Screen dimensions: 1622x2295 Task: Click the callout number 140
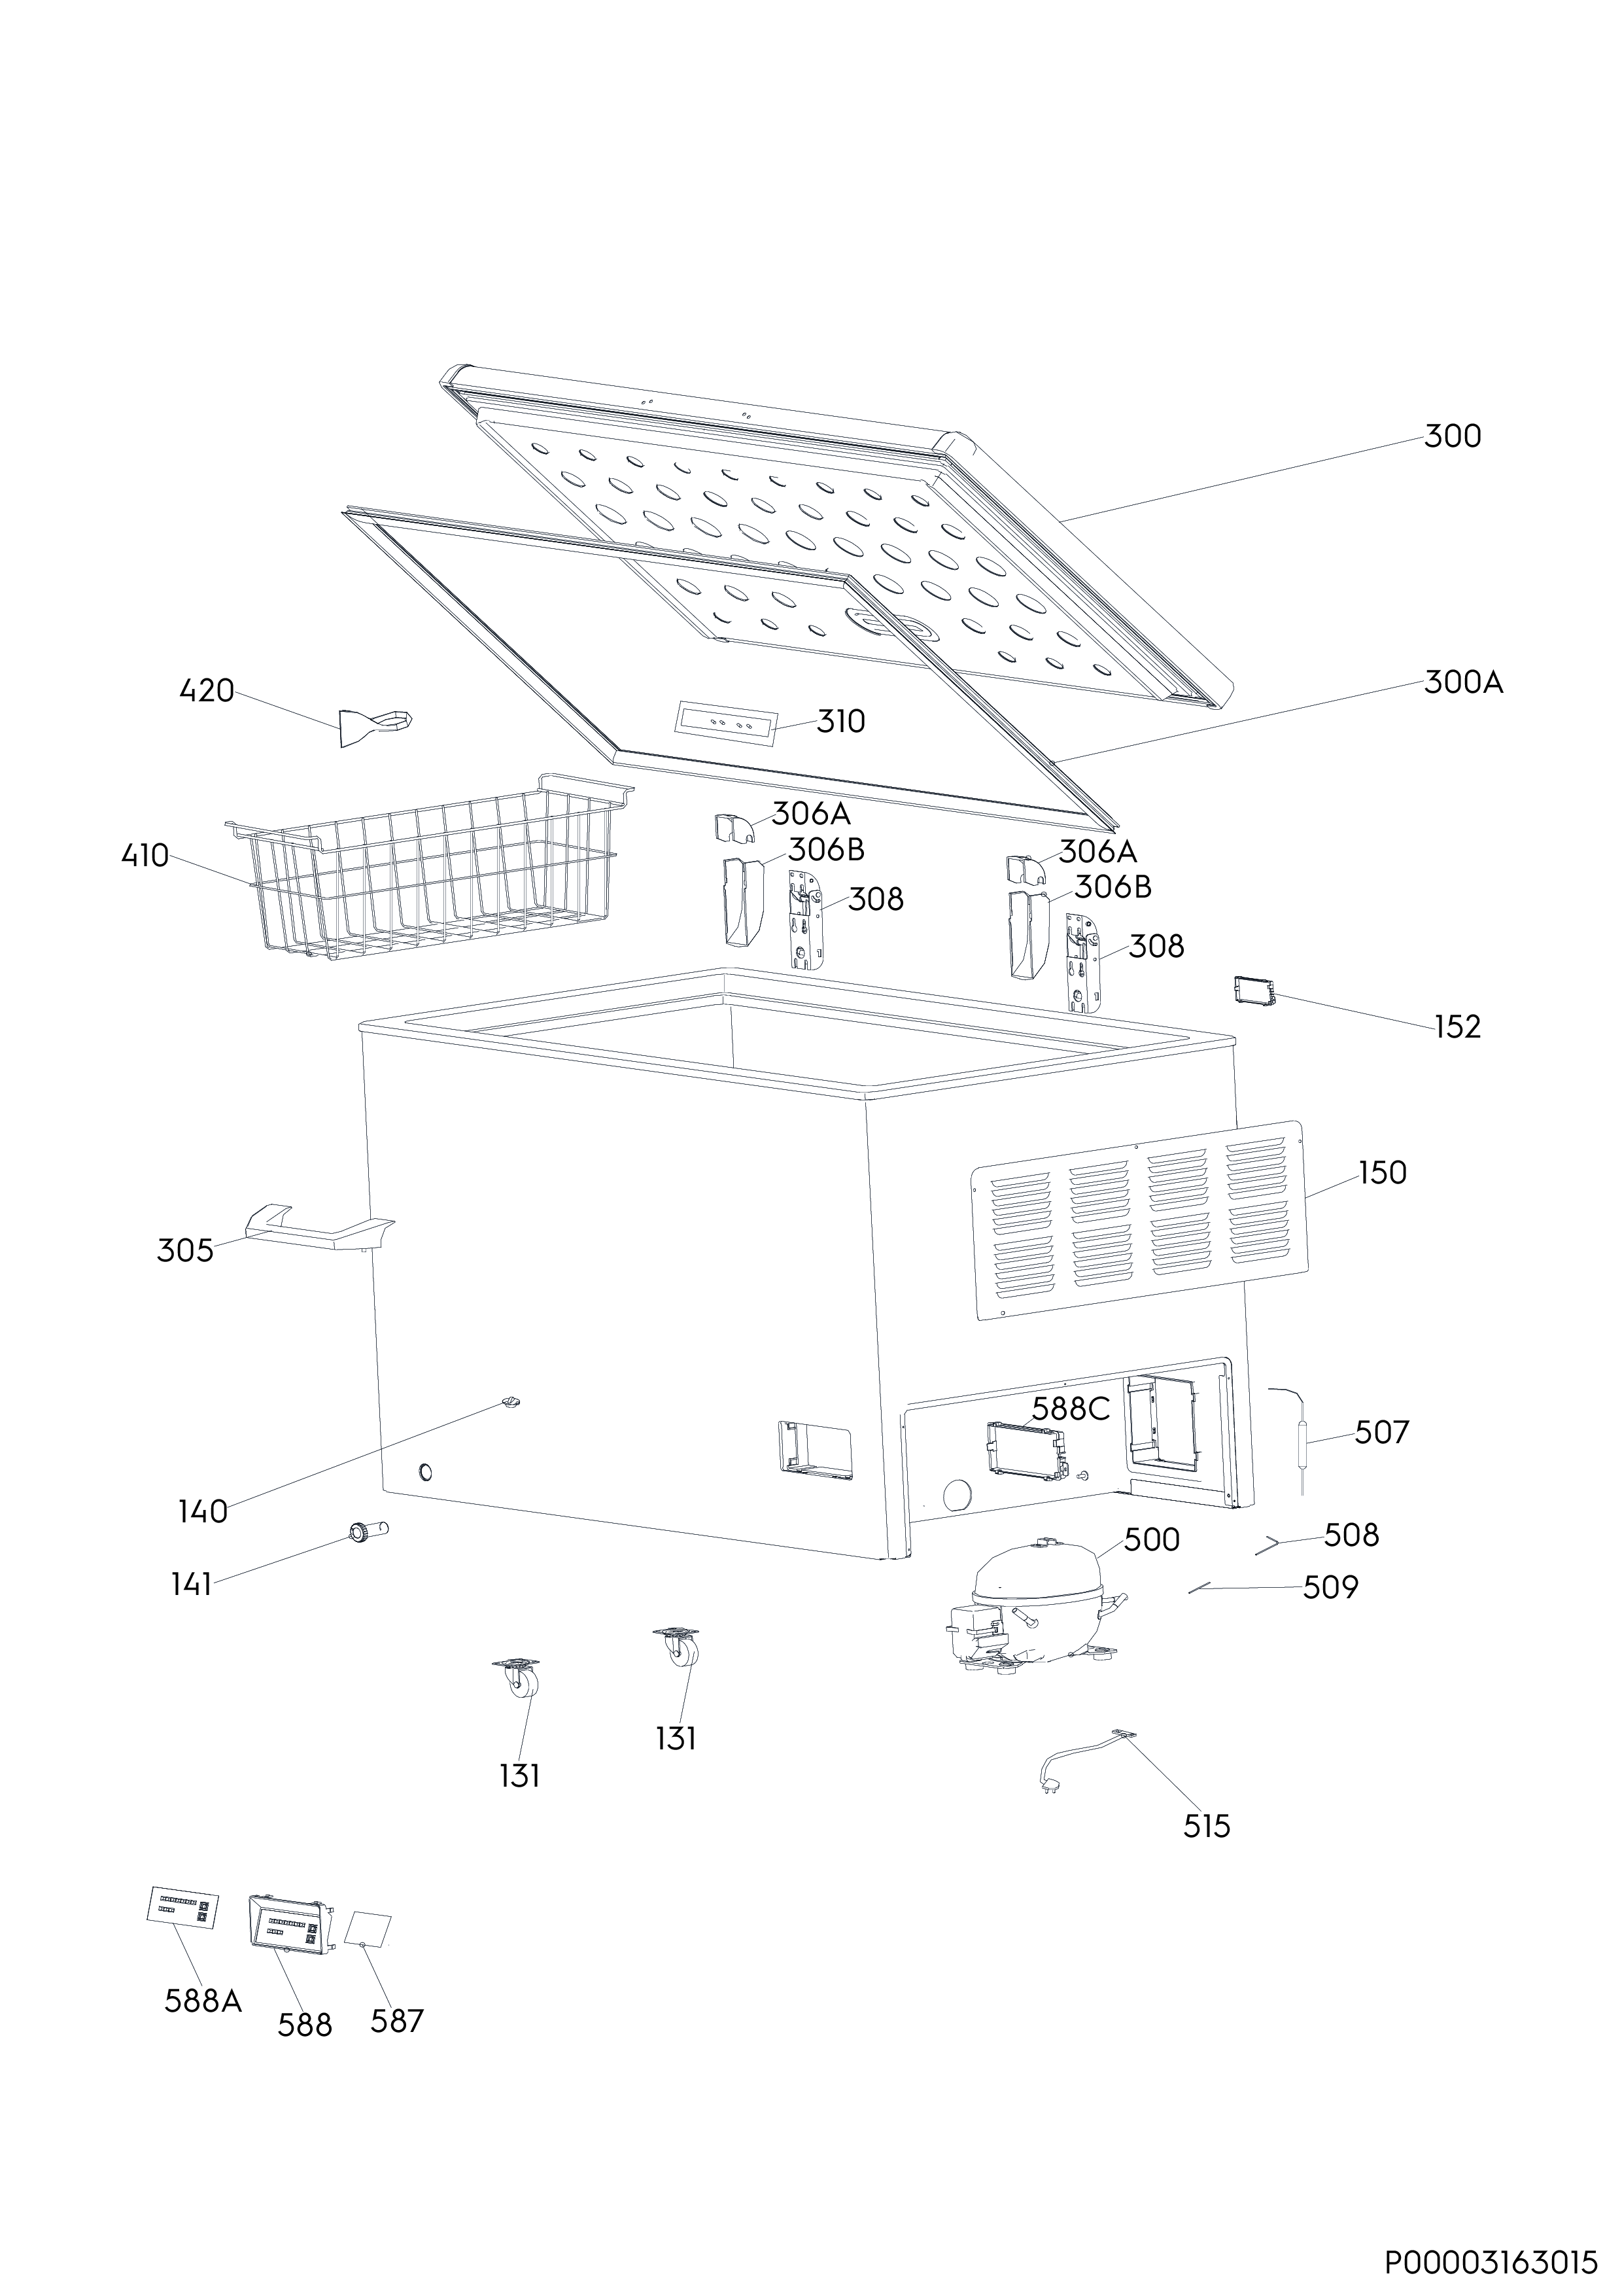203,1513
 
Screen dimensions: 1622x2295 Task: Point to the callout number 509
1331,1587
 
